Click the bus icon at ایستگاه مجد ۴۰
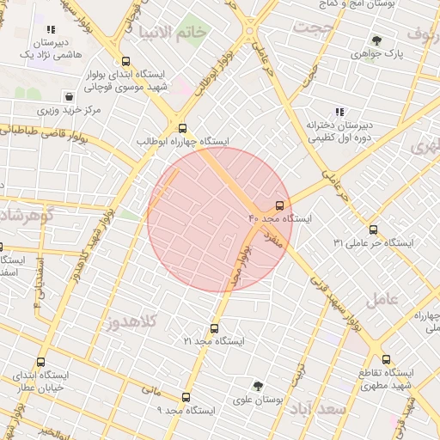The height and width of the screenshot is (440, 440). point(280,205)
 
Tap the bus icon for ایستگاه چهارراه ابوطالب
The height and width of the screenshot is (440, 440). point(180,126)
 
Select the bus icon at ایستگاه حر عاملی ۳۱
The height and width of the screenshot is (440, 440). point(373,229)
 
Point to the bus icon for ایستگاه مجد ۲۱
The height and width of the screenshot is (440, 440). point(214,328)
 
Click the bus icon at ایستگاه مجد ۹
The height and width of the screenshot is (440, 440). point(186,397)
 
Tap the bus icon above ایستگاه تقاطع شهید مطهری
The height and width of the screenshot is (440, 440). point(386,359)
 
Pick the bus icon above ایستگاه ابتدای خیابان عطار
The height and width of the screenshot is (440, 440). point(41,362)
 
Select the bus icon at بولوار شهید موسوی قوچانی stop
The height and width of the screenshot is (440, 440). point(126,61)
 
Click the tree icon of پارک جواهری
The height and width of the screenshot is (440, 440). point(376,40)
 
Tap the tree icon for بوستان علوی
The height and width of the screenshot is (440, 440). point(258,386)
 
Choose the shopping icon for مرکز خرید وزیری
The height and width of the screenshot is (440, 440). point(68,96)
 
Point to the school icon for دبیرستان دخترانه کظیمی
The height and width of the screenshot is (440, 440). point(339,112)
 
